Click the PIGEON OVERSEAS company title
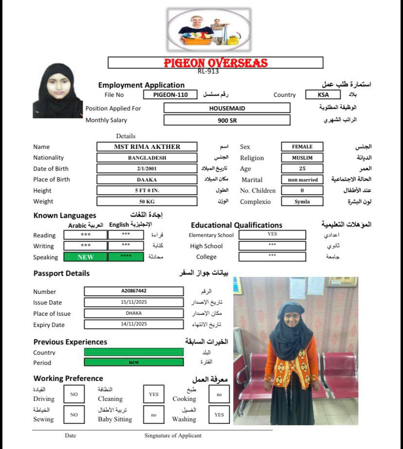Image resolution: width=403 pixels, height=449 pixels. pyautogui.click(x=215, y=63)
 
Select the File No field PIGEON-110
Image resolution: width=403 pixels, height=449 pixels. pyautogui.click(x=170, y=95)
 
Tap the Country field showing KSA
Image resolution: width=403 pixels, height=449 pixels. pyautogui.click(x=323, y=95)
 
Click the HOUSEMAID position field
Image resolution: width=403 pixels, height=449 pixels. pyautogui.click(x=227, y=108)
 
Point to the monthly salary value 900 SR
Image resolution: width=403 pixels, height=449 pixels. pyautogui.click(x=227, y=120)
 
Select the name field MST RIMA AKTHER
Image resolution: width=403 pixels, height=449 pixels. pyautogui.click(x=147, y=146)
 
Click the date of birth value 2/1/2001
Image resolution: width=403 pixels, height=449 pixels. pyautogui.click(x=147, y=169)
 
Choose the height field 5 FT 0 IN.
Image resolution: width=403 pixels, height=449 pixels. pyautogui.click(x=147, y=190)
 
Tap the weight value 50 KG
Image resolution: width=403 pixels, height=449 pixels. pyautogui.click(x=147, y=201)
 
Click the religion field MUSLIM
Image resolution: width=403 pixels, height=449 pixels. pyautogui.click(x=302, y=158)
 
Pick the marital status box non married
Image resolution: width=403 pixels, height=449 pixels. pyautogui.click(x=302, y=180)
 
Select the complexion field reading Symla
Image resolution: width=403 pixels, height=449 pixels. pyautogui.click(x=302, y=201)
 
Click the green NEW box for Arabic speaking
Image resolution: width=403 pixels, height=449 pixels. pyautogui.click(x=85, y=257)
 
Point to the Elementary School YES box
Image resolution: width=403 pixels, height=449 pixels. pyautogui.click(x=272, y=234)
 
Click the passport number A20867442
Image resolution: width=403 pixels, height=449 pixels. pyautogui.click(x=134, y=291)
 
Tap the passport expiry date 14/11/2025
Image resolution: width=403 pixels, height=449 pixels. pyautogui.click(x=134, y=324)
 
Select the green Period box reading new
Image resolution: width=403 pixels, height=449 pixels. pyautogui.click(x=134, y=362)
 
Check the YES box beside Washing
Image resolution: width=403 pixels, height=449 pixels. pyautogui.click(x=219, y=414)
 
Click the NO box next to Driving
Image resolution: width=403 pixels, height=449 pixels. pyautogui.click(x=74, y=394)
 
